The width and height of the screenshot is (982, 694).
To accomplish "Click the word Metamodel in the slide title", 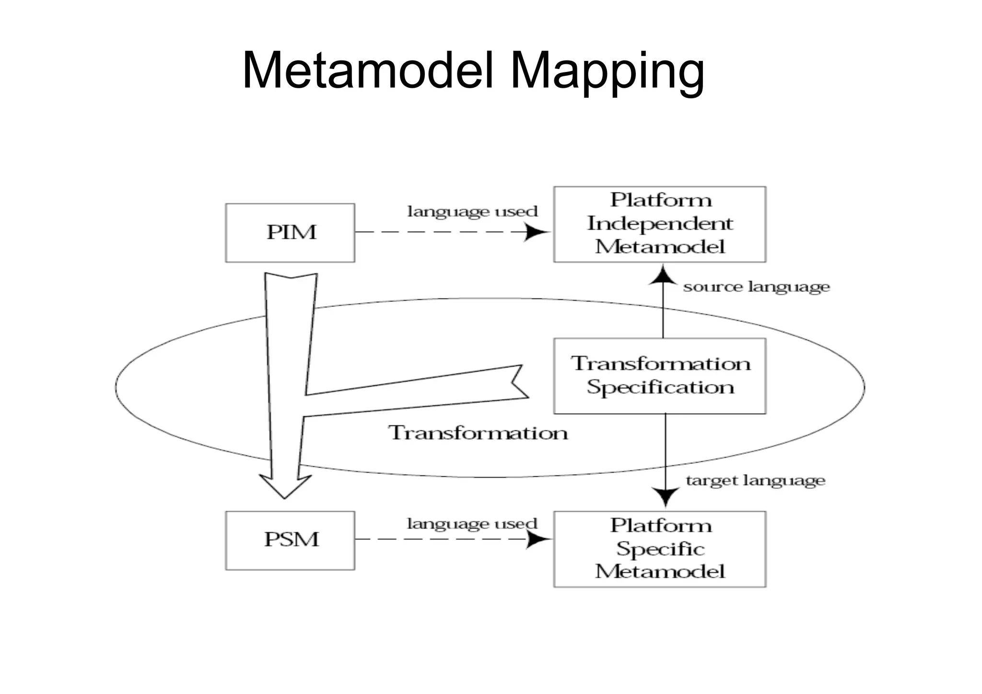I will point(367,71).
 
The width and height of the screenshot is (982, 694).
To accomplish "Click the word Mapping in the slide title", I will point(607,72).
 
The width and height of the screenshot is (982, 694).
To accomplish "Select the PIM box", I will point(290,233).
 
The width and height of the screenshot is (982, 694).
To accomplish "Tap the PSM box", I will point(290,540).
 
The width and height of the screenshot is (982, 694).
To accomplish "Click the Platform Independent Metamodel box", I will point(659,224).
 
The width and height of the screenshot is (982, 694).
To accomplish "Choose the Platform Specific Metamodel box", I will point(659,549).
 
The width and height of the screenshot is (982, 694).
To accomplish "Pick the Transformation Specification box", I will point(659,376).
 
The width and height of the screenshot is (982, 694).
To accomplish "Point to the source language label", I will point(756,287).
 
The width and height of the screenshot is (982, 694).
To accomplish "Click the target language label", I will point(755,480).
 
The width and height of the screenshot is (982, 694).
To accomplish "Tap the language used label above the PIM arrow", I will point(472,212).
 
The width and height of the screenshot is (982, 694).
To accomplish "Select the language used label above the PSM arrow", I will point(472,523).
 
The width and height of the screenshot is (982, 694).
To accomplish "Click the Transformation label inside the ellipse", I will point(478,433).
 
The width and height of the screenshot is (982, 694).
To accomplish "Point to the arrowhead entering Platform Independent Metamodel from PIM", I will point(537,232).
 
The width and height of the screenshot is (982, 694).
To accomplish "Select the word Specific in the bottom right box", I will point(660,549).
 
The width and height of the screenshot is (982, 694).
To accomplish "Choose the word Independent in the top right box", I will point(660,223).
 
